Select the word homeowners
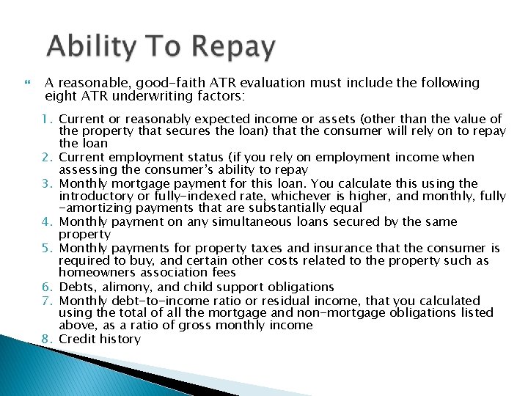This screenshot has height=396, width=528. (x=95, y=274)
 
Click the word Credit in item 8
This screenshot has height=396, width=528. (x=78, y=339)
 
